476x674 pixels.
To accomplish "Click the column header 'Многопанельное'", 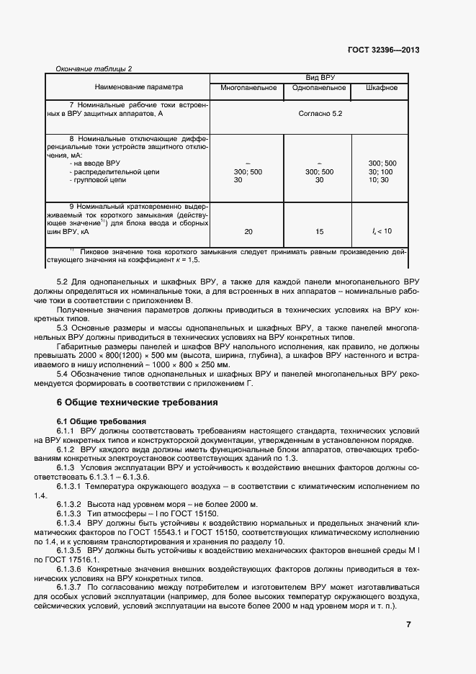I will click(248, 89).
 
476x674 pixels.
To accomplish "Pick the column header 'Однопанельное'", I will click(318, 89).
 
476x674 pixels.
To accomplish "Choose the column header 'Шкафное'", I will click(381, 89).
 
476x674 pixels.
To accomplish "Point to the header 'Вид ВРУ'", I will click(310, 76).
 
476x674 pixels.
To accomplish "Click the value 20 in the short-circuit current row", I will click(248, 231).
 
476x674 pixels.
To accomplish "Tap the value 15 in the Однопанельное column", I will click(319, 231).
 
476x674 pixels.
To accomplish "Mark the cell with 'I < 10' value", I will click(382, 231).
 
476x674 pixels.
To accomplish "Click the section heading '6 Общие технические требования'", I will click(143, 402).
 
